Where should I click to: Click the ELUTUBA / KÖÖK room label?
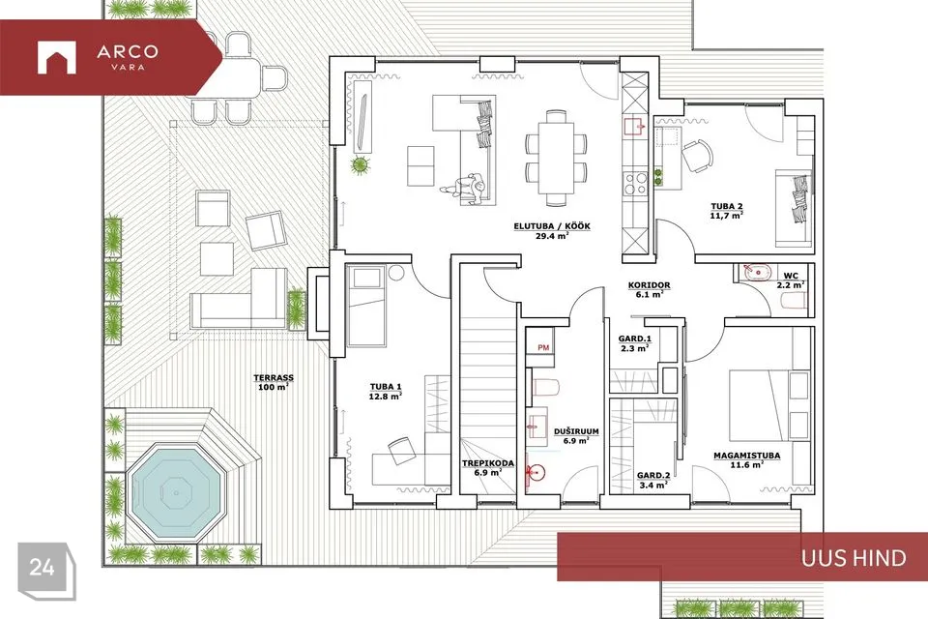pyautogui.click(x=552, y=226)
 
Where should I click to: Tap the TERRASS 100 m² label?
pyautogui.click(x=274, y=382)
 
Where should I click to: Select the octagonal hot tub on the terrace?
pyautogui.click(x=176, y=491)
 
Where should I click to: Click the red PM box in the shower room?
pyautogui.click(x=543, y=348)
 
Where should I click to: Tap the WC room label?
pyautogui.click(x=791, y=276)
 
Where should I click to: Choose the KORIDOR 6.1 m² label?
pyautogui.click(x=650, y=289)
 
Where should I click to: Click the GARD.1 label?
pyautogui.click(x=634, y=339)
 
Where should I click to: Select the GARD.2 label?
pyautogui.click(x=653, y=475)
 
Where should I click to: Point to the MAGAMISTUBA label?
pyautogui.click(x=746, y=456)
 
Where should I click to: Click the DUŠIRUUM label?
pyautogui.click(x=576, y=431)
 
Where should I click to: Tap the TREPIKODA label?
pyautogui.click(x=487, y=463)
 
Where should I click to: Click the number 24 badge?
pyautogui.click(x=43, y=567)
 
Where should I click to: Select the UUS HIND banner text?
pyautogui.click(x=854, y=558)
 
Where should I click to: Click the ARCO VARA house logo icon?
pyautogui.click(x=57, y=57)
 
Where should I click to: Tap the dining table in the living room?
pyautogui.click(x=556, y=158)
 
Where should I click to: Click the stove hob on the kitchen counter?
pyautogui.click(x=636, y=183)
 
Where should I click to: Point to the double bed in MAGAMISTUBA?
pyautogui.click(x=768, y=406)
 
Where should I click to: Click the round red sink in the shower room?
pyautogui.click(x=536, y=472)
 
